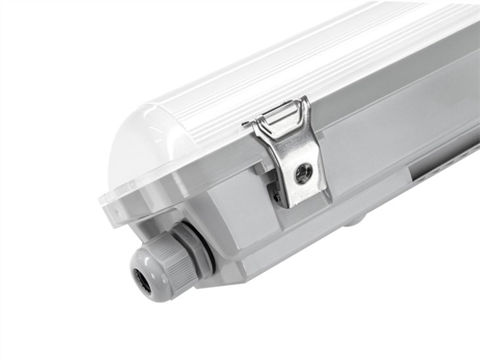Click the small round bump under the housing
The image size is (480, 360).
tap(355, 220)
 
